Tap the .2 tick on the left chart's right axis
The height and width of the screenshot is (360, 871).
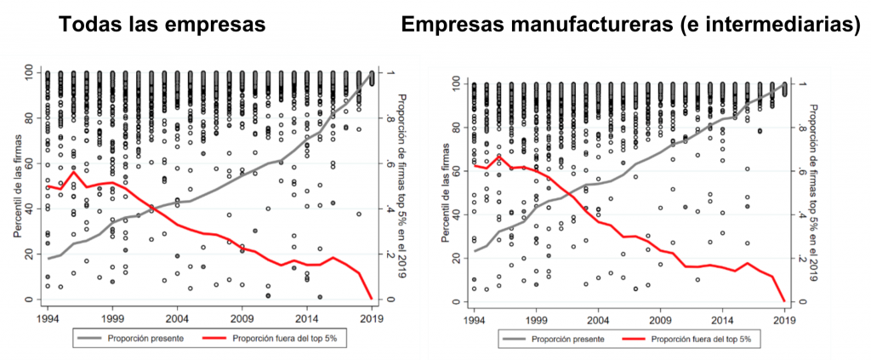390,254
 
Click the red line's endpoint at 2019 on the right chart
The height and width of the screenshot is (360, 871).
783,301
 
